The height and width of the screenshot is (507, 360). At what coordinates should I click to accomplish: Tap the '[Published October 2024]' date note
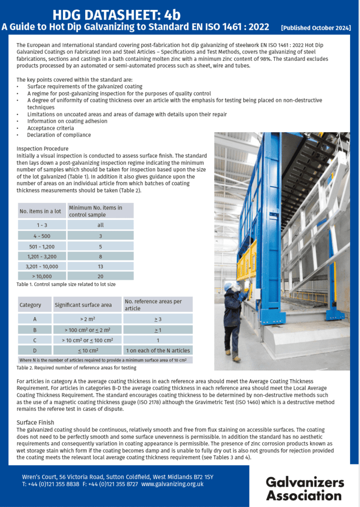(x=316, y=28)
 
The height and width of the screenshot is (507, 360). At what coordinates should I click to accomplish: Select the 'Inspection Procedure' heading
(x=42, y=149)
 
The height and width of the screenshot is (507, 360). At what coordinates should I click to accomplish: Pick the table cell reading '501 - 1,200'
(x=42, y=246)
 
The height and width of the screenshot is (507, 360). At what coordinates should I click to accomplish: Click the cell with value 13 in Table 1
(x=101, y=266)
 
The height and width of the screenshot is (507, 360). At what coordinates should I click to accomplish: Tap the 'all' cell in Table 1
(x=101, y=225)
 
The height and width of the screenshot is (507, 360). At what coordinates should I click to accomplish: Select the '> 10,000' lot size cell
(x=42, y=276)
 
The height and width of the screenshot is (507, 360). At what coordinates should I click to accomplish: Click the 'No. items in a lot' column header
(x=40, y=211)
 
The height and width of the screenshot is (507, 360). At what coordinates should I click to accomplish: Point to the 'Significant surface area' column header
(x=83, y=305)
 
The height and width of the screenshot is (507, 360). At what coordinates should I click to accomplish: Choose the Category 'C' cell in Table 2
(x=34, y=340)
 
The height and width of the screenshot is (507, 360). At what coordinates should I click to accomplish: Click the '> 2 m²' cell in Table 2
(x=87, y=319)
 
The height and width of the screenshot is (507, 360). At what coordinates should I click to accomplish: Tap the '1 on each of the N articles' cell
(x=157, y=350)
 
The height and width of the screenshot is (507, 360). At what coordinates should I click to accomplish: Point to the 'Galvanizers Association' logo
(x=304, y=488)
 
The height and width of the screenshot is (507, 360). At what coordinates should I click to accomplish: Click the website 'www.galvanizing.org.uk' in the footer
(x=172, y=484)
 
